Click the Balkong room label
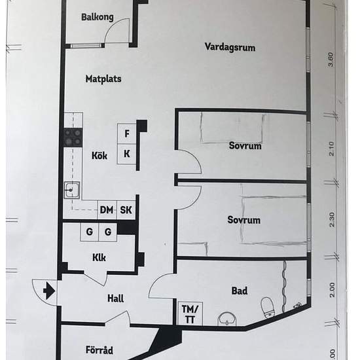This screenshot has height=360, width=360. pos(98,17)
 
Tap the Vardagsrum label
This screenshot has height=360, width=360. pos(230,47)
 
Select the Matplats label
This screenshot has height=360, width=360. pos(103,79)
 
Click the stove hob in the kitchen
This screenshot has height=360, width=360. pos(73,137)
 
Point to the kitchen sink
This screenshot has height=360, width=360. pos(72,190)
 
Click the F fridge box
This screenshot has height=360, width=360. pos(127,134)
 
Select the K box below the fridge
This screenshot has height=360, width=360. pos(127,154)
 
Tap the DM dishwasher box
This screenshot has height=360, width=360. pos(107,210)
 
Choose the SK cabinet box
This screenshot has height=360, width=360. pos(126,210)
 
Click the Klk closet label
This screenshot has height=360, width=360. pos(99,258)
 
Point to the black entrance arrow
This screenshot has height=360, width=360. pos(49,291)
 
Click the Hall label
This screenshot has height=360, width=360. pos(115,298)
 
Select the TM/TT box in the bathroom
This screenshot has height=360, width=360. pos(190,314)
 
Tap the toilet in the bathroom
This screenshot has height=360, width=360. pos(268,307)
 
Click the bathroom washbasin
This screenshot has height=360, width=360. pos(227,319)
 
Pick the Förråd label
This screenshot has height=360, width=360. pos(99,350)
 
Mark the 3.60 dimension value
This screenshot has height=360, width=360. pos(331,60)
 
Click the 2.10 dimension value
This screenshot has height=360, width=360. pos(332,149)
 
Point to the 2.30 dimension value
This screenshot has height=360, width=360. pos(332,219)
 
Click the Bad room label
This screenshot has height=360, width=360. pos(240,291)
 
